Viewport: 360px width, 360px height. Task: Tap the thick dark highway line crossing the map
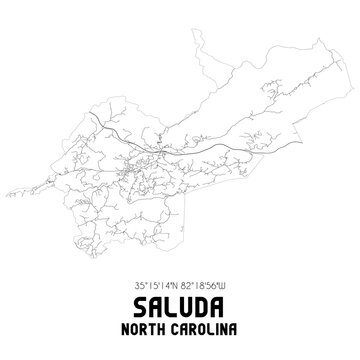pyautogui.click(x=150, y=133)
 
